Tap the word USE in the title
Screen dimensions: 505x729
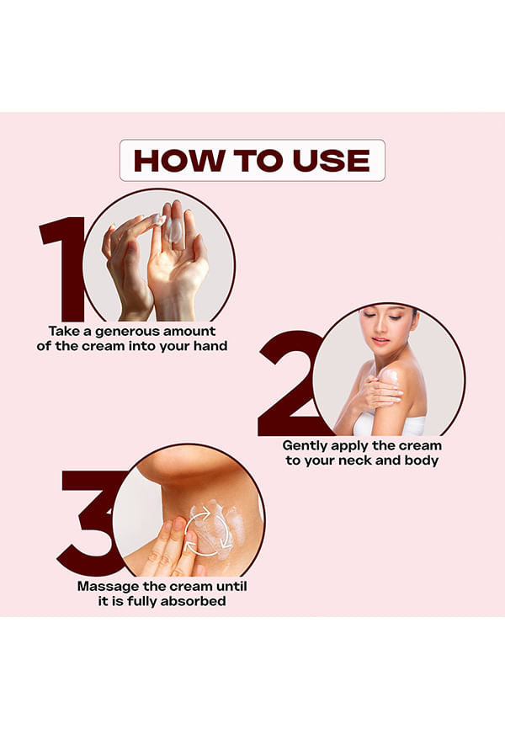pos(331,161)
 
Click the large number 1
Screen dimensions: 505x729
pos(64,269)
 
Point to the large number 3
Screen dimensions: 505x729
pos(91,523)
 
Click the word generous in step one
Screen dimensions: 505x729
pos(127,332)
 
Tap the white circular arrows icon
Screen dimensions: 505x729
pos(209,531)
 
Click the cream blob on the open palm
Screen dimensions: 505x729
pos(173,231)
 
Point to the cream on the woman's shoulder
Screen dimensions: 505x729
pos(390,375)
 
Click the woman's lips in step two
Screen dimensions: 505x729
pos(380,340)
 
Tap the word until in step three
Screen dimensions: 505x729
pos(230,586)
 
